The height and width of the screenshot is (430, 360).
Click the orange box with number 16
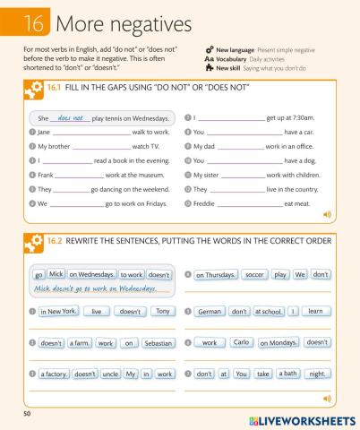[x=29, y=21]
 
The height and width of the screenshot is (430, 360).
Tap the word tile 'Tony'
[x=161, y=312]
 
